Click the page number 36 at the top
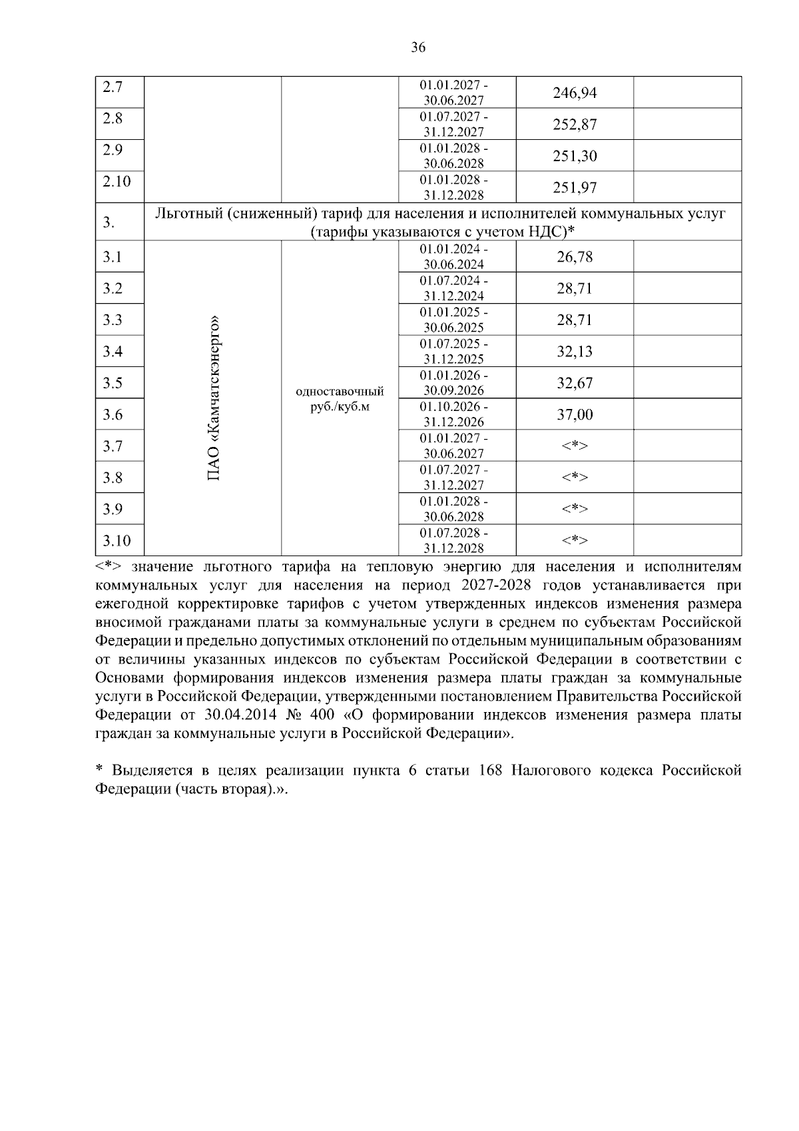click(418, 47)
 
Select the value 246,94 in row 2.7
click(575, 93)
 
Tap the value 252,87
click(575, 125)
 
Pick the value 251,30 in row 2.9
click(575, 156)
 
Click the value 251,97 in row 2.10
click(575, 187)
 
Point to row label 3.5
click(113, 383)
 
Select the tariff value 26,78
click(575, 257)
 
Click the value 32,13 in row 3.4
click(575, 352)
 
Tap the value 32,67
click(575, 383)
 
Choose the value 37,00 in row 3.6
click(575, 414)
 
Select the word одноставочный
click(340, 391)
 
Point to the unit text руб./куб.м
click(340, 406)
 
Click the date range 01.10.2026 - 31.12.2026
click(456, 414)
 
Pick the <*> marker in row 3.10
click(575, 540)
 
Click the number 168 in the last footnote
click(491, 770)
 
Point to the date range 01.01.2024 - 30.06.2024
click(456, 257)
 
